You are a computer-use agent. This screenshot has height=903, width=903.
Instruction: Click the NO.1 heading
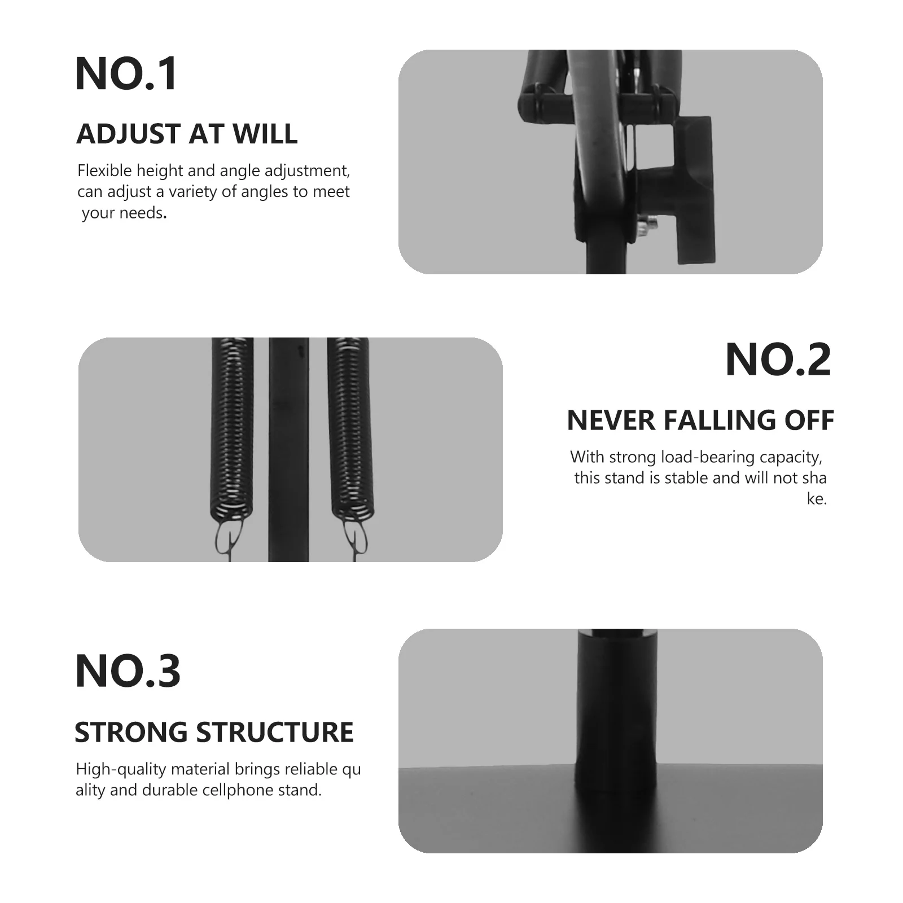tap(126, 74)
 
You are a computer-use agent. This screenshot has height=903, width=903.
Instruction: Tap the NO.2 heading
tap(778, 360)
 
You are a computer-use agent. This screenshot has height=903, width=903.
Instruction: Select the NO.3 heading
tap(128, 671)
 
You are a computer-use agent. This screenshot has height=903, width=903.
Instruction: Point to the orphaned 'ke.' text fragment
tap(817, 499)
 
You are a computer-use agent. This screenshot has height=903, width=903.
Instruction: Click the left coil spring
tap(232, 429)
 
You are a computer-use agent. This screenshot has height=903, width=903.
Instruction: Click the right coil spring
tap(350, 429)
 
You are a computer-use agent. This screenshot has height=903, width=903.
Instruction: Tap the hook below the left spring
tap(231, 539)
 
